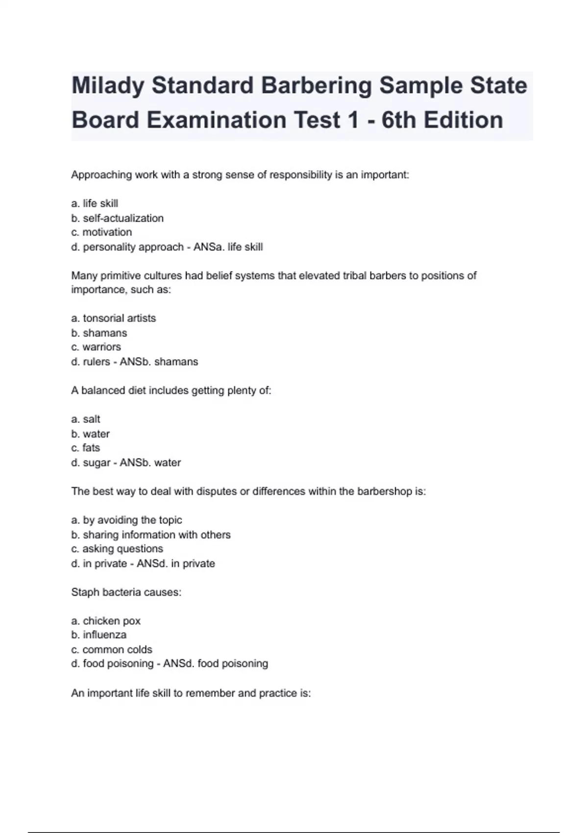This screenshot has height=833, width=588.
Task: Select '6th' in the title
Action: coord(398,121)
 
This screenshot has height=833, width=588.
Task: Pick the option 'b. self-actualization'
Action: coord(118,218)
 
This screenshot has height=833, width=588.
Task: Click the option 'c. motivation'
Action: coord(101,232)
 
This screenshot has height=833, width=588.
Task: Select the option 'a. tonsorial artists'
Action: coord(114,318)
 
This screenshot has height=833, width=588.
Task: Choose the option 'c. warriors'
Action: coord(96,347)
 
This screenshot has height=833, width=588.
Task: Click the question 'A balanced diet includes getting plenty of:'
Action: coord(171,391)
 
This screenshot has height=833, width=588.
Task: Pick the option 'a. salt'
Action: coord(86,419)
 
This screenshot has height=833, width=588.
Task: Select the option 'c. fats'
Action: coord(86,448)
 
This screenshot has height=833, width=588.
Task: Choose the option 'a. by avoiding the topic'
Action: coord(126,520)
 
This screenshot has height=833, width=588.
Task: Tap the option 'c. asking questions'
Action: coord(117,549)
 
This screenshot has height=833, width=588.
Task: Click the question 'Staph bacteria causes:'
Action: coord(126,592)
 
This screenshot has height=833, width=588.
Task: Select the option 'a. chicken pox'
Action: coord(106,621)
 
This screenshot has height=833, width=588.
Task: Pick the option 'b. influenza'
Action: coord(99,635)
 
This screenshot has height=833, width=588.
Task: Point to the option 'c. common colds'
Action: coord(112,650)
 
